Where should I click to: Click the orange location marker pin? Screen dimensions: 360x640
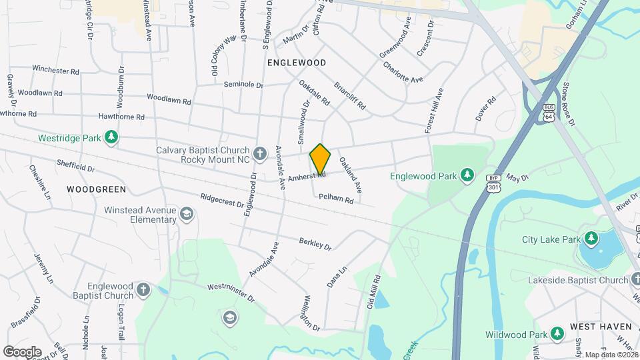[320, 159]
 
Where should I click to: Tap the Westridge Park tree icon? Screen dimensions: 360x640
[111, 138]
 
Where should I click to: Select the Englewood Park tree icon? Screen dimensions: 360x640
[467, 176]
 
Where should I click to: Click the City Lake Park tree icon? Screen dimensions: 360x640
[591, 239]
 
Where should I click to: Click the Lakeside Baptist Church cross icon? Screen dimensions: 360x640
[634, 279]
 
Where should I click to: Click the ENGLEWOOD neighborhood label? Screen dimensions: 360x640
[297, 63]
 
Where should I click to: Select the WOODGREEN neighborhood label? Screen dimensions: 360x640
[97, 189]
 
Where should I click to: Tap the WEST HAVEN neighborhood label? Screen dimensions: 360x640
[600, 327]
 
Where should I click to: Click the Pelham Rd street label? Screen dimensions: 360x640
[336, 198]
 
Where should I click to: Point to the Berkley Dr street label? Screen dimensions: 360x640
[315, 243]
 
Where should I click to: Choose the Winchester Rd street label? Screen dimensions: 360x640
[55, 69]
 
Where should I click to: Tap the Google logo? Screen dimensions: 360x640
[22, 351]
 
